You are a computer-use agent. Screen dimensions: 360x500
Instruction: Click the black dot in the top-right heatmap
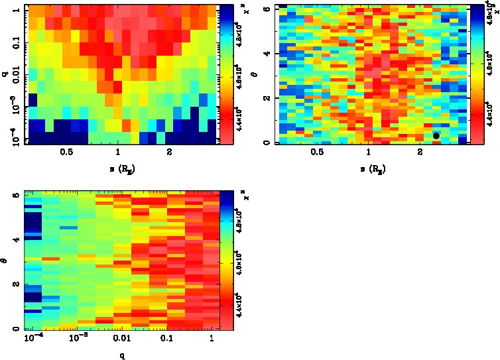click(436, 135)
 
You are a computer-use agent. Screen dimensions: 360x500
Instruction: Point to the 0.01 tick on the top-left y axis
click(15, 76)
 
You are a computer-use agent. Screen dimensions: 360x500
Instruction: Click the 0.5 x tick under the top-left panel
click(66, 152)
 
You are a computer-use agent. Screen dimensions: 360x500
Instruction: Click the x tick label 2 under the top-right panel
click(420, 152)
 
